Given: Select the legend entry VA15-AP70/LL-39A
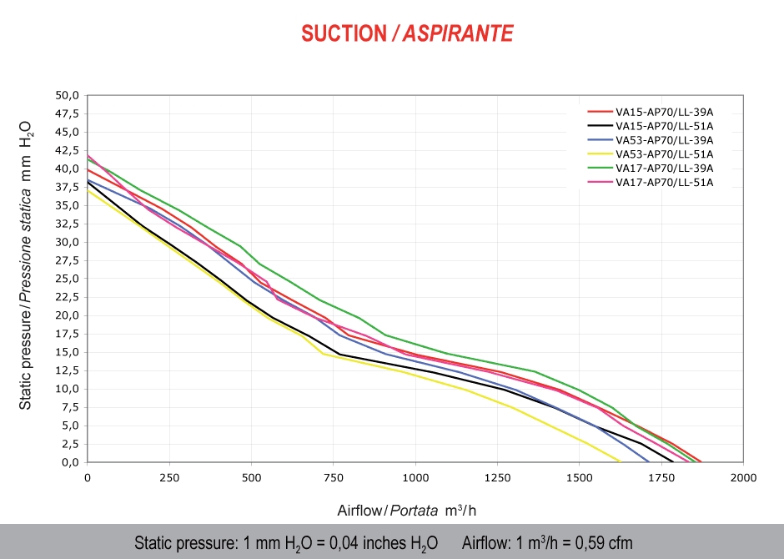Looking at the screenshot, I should [664, 111].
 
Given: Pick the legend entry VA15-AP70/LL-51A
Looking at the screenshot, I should [664, 126].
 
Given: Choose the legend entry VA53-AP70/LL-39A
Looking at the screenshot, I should [664, 140].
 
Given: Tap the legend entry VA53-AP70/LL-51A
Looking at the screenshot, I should [664, 154].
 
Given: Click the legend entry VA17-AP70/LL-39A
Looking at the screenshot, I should [664, 169].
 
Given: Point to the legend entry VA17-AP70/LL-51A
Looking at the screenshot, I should [664, 183].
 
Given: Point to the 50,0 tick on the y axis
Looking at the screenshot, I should [67, 95].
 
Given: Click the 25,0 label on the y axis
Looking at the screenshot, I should [67, 279].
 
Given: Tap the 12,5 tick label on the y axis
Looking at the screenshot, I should [67, 370].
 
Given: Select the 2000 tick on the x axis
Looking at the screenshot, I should [743, 478].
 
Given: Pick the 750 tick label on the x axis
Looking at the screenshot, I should [334, 478].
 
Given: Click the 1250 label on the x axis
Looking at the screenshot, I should [497, 478].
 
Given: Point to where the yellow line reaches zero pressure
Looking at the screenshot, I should [621, 461].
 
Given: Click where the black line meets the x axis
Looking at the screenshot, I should [672, 461].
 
